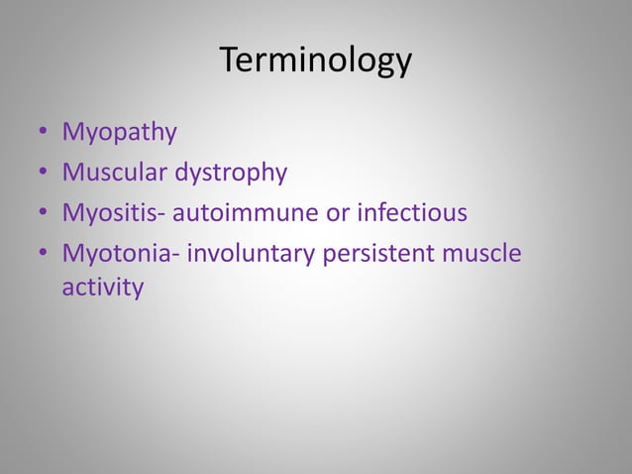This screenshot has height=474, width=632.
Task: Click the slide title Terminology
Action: click(315, 61)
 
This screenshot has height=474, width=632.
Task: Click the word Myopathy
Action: click(119, 133)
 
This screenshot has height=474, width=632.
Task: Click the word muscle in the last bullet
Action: click(481, 254)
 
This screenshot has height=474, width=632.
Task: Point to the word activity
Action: click(103, 289)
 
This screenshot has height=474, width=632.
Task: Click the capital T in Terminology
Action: click(229, 60)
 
